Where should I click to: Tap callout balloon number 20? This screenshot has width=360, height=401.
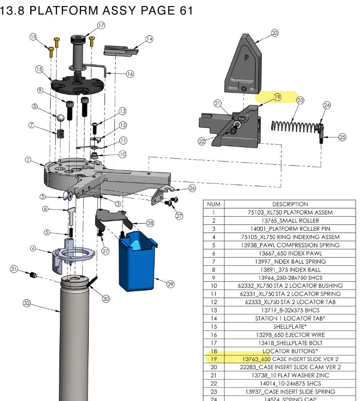point(275,33)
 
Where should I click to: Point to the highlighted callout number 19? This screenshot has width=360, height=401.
point(277,97)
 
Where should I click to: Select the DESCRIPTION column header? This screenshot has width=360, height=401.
point(290,204)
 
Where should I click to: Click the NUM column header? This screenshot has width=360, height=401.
point(213,204)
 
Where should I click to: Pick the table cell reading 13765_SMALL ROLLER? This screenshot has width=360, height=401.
point(290,220)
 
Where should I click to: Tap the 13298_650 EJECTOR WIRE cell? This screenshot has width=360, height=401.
point(290,335)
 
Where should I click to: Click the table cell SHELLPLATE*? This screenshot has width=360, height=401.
point(290,326)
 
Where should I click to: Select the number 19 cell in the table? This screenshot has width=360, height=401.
point(213,359)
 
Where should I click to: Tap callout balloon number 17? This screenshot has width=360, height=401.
point(100,25)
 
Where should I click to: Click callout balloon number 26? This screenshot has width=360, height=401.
point(192,188)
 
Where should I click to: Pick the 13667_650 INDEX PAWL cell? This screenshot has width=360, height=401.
point(290,253)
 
